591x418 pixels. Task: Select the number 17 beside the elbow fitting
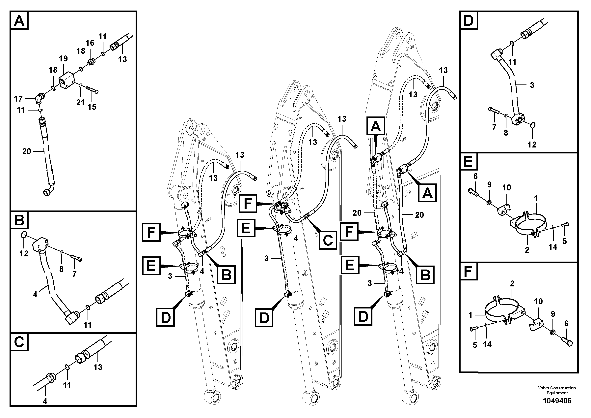[x=18, y=99]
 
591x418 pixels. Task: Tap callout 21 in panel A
[x=80, y=103]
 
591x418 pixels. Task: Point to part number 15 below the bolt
[x=92, y=107]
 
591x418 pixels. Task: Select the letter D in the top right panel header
[x=468, y=20]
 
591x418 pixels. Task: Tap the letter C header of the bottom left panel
[x=19, y=342]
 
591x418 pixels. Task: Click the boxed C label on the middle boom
[x=328, y=241]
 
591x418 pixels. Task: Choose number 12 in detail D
[x=532, y=145]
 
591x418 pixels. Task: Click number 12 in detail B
[x=24, y=254]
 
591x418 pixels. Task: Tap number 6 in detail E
[x=475, y=176]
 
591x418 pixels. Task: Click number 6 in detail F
[x=566, y=324]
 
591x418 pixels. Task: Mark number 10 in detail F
[x=538, y=301]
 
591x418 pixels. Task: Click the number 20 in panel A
[x=27, y=151]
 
